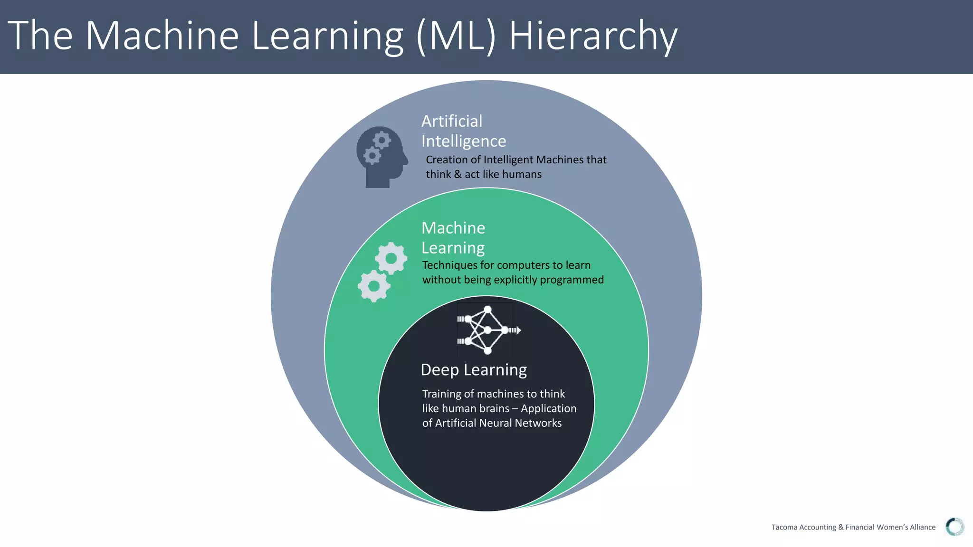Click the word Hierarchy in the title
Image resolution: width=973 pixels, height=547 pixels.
coord(593,36)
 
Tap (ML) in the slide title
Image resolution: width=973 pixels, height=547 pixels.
coord(456,36)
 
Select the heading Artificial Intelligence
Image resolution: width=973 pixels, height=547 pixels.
coord(463,131)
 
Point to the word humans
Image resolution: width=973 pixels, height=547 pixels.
coord(523,174)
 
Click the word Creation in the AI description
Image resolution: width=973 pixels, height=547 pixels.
coord(447,160)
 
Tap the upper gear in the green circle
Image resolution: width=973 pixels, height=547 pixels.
coord(391,258)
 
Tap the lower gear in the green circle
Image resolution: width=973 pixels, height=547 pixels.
coord(374,286)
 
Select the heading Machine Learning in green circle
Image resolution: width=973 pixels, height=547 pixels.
coord(453,238)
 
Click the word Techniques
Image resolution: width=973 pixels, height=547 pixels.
coord(449,265)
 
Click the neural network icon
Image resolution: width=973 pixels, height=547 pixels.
coord(486,330)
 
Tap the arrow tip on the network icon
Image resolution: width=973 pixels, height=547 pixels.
coord(519,330)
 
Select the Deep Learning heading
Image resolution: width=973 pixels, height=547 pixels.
coord(474,370)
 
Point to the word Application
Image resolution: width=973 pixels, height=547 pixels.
coord(548,408)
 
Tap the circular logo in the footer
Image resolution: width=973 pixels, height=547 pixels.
coord(954,527)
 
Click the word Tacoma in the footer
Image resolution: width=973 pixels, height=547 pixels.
coord(784,527)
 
